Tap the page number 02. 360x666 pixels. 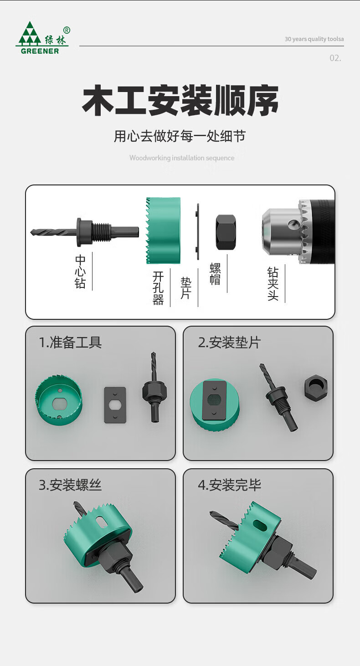335,58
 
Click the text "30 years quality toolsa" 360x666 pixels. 314,39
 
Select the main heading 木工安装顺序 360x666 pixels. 180,100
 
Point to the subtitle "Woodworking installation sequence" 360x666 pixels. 182,158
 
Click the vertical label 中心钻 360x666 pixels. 80,272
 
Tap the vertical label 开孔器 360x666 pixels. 158,288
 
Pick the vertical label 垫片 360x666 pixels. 185,288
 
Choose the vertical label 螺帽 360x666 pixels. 215,274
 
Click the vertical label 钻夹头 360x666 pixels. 273,283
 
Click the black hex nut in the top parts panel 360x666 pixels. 226,232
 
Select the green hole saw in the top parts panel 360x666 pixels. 163,231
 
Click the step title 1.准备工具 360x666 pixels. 70,342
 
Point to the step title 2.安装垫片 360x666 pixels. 229,342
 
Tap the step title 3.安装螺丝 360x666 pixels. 70,485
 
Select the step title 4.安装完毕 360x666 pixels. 229,485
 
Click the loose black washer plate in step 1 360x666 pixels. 115,405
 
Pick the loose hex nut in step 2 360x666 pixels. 316,387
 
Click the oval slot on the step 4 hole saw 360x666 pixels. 260,525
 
